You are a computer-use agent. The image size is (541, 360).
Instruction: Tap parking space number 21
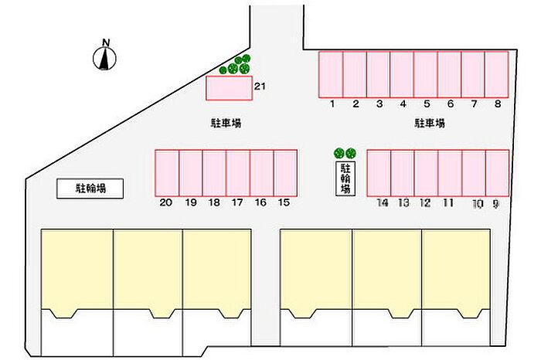[229, 88]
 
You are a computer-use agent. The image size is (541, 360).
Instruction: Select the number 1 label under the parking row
[332, 104]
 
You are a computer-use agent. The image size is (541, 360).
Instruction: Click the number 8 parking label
[498, 104]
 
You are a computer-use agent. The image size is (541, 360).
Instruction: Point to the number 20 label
[166, 202]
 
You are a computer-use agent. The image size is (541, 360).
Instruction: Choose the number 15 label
[284, 202]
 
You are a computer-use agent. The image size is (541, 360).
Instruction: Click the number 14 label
[383, 202]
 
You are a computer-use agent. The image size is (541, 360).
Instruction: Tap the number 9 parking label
[495, 204]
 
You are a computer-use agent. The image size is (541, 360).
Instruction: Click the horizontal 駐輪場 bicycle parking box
[90, 188]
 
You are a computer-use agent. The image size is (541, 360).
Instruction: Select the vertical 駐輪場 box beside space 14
[345, 178]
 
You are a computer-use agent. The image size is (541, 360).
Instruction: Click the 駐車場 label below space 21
[226, 123]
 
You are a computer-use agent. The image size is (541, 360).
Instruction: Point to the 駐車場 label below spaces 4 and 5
[430, 123]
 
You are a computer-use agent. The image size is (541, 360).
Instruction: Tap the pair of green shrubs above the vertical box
[345, 152]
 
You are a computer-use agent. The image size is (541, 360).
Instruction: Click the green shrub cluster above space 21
[236, 65]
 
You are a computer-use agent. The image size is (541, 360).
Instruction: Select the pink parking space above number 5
[426, 74]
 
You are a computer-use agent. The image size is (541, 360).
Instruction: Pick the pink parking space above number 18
[214, 173]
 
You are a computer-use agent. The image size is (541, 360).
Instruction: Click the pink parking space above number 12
[426, 173]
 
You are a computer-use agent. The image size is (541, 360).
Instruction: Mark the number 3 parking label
[379, 104]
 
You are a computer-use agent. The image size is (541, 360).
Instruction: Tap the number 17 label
[237, 202]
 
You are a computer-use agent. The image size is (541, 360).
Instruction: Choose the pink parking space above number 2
[355, 74]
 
